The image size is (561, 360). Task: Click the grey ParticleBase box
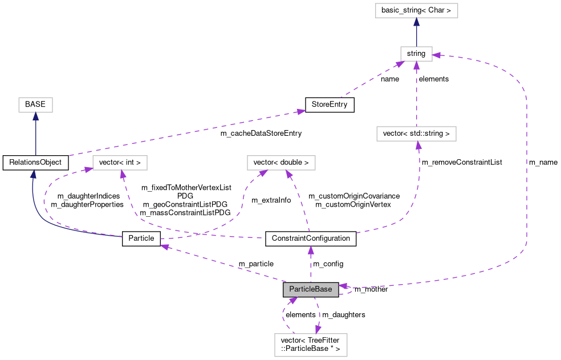click(x=311, y=290)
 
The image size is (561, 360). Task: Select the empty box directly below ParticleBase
click(x=311, y=345)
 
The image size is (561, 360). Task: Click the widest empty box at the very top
click(x=416, y=10)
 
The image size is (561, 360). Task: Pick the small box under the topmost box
click(x=416, y=54)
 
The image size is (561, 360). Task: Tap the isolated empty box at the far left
click(x=35, y=105)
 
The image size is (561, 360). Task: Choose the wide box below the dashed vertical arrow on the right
click(x=416, y=134)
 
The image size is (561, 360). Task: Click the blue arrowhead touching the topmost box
click(x=416, y=22)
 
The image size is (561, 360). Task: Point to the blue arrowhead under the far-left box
click(x=35, y=116)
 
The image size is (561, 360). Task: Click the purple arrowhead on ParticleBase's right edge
click(x=343, y=286)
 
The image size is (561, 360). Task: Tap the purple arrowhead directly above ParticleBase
click(x=311, y=250)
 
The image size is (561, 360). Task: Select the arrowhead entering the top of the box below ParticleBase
click(x=318, y=329)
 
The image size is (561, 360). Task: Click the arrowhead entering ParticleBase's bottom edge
click(x=292, y=300)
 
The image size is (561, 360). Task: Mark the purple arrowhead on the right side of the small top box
click(x=436, y=55)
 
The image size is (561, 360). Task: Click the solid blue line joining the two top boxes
click(x=416, y=35)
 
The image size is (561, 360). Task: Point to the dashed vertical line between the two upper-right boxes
click(x=416, y=94)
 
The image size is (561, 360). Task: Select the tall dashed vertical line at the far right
click(x=527, y=171)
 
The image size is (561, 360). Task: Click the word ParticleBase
click(x=310, y=289)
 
